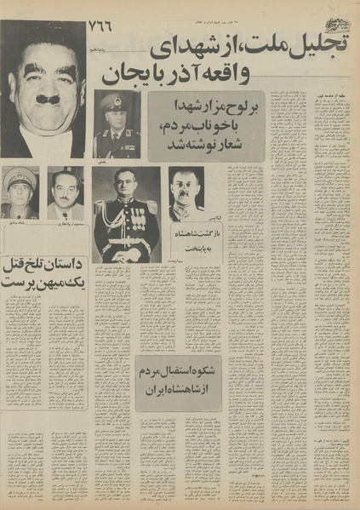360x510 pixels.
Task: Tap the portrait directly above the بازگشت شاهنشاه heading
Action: pyautogui.click(x=186, y=193)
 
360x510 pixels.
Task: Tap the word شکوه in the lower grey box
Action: pyautogui.click(x=202, y=373)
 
